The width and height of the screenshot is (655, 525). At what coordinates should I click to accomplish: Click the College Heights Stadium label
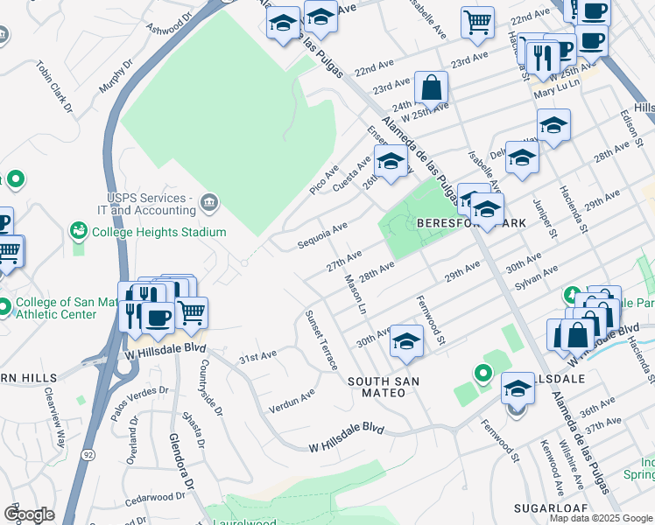pos(158,232)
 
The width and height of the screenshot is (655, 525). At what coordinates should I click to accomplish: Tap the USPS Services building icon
pos(209,203)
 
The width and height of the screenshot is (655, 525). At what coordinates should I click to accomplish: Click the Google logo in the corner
pos(29,514)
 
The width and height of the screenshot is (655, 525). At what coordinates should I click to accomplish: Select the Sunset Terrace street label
pos(320,339)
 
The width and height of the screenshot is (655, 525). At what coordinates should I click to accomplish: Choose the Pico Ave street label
pos(324,179)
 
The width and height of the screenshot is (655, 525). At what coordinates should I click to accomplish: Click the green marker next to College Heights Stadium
pos(79,232)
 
